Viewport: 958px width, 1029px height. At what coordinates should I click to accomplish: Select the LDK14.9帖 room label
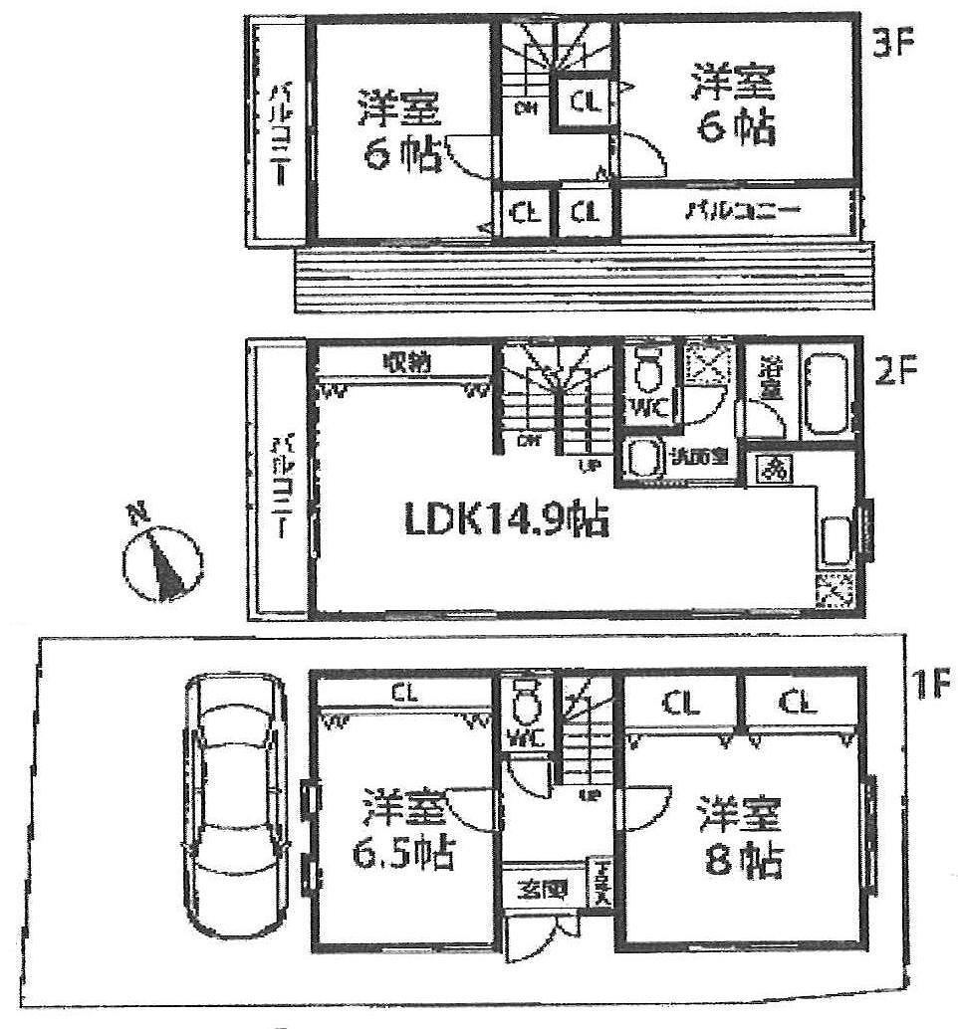click(505, 519)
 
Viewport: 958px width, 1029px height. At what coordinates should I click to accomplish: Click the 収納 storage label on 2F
click(404, 363)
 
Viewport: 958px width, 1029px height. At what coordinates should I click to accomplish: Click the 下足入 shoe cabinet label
click(603, 882)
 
